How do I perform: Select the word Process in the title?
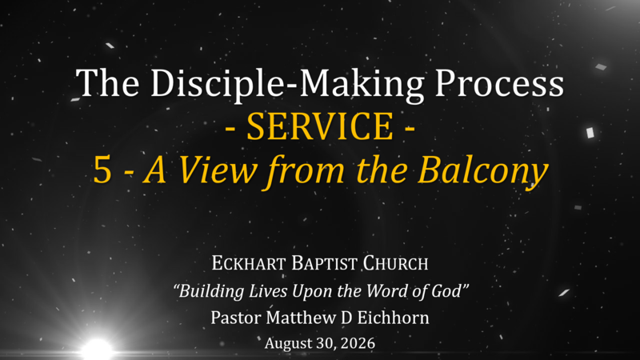(499, 83)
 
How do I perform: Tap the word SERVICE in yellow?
(319, 126)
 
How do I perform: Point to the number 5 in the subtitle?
(102, 170)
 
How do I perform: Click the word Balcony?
(483, 170)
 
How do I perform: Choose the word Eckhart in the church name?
(249, 263)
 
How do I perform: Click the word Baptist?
(324, 263)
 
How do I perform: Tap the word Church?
(395, 263)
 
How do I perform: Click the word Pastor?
(235, 318)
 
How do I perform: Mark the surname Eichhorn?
(393, 318)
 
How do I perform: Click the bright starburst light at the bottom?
(97, 350)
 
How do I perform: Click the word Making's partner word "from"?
(306, 171)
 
